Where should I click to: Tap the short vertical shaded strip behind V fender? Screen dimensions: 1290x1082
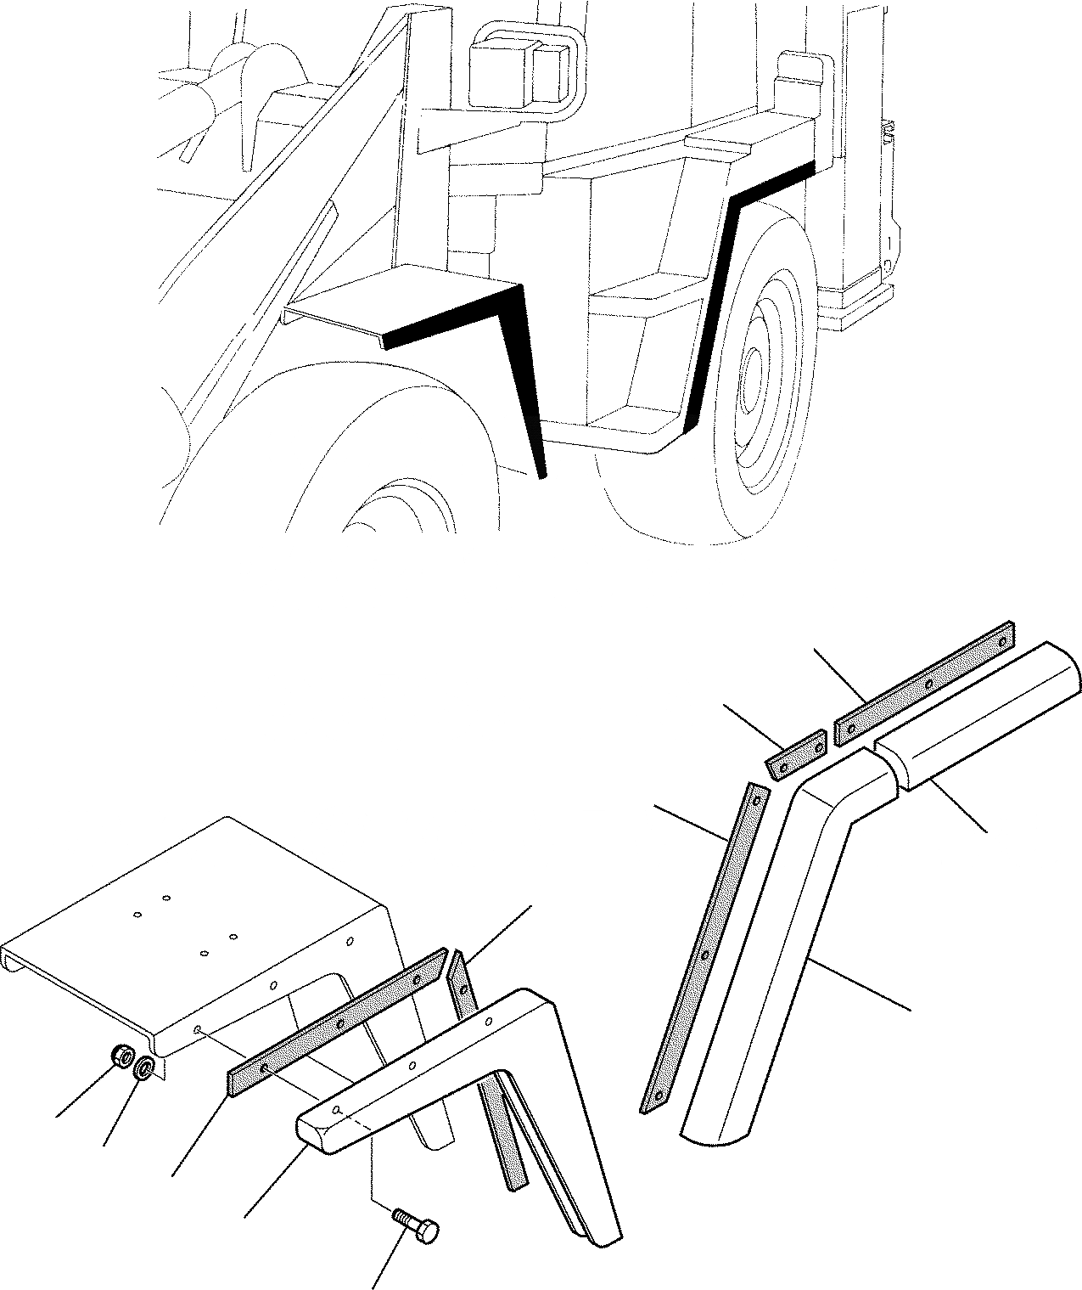pos(463,985)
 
